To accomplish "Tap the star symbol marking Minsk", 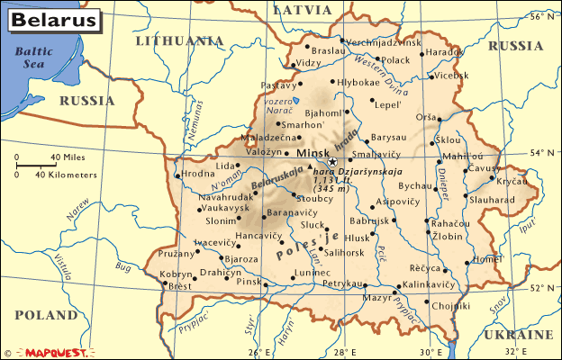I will click(332, 162).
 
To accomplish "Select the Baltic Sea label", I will click(33, 58).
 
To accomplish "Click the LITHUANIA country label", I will click(178, 40).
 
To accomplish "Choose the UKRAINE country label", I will click(518, 334).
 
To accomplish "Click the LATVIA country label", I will click(303, 10).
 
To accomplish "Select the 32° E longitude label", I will click(516, 351).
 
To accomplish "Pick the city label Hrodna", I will click(197, 174).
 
